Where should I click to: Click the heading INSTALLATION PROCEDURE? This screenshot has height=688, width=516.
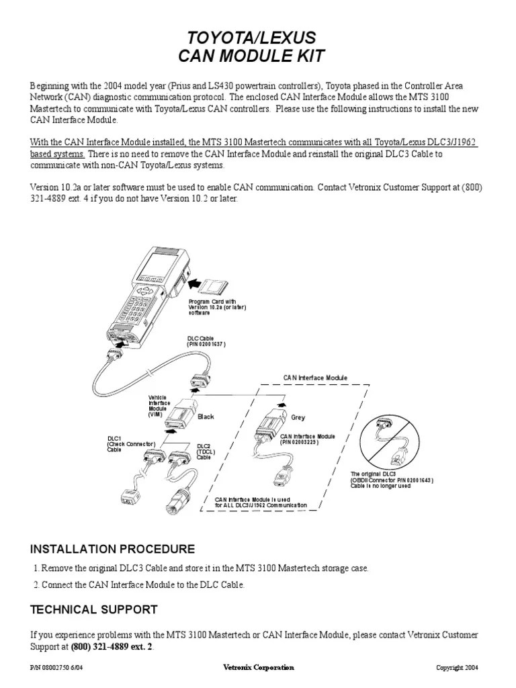(x=113, y=549)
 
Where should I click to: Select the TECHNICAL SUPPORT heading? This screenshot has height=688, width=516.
(x=94, y=609)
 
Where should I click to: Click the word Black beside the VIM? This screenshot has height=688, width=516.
(x=206, y=417)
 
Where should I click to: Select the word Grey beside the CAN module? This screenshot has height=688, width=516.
(x=298, y=417)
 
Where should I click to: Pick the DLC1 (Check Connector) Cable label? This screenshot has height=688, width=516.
(x=130, y=444)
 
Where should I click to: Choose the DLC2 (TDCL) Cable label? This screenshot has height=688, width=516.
(x=204, y=451)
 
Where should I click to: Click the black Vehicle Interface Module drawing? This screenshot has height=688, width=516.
(x=181, y=419)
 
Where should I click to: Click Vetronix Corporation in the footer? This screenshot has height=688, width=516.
(x=258, y=667)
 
